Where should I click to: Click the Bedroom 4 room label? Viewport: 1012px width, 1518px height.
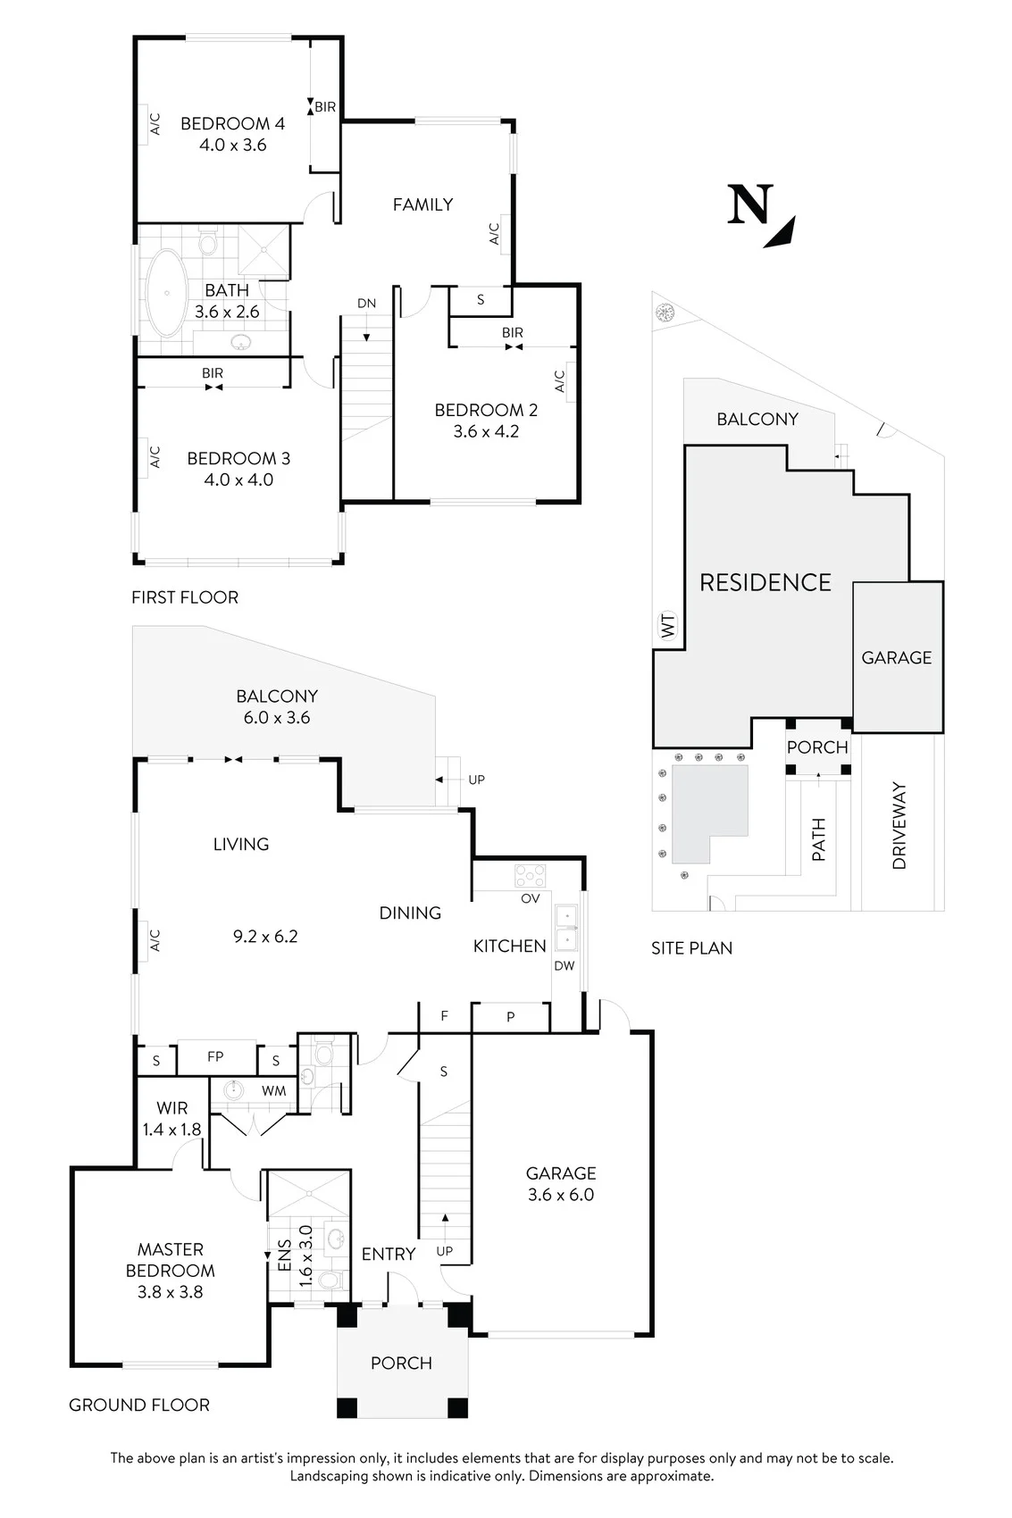click(232, 123)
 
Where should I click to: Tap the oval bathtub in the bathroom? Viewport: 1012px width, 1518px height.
click(166, 294)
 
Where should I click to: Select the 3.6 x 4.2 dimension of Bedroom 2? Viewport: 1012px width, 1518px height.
click(486, 431)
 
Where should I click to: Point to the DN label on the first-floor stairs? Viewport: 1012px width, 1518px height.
click(367, 303)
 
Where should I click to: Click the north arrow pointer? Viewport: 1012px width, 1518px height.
click(780, 233)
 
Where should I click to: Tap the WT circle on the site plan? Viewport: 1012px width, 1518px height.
click(668, 625)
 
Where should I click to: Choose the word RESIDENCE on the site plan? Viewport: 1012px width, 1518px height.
click(765, 582)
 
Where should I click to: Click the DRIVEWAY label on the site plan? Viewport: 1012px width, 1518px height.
click(899, 825)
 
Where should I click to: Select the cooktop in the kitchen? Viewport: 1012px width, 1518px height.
click(530, 876)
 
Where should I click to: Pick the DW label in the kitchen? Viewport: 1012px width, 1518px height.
click(564, 965)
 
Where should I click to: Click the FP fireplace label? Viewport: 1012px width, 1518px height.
click(215, 1056)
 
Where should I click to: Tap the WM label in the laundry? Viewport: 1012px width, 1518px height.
click(274, 1091)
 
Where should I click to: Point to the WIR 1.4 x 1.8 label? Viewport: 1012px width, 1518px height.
click(171, 1118)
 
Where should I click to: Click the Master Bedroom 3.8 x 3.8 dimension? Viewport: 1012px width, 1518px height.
click(170, 1292)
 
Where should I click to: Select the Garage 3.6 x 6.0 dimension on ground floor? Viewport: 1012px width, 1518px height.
click(561, 1194)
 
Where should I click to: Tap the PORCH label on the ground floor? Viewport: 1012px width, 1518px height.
click(401, 1363)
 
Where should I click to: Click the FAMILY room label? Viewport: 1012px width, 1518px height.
click(423, 204)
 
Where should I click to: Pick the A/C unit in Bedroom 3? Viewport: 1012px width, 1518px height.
click(144, 457)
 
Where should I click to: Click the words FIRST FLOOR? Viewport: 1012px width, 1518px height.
click(185, 597)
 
